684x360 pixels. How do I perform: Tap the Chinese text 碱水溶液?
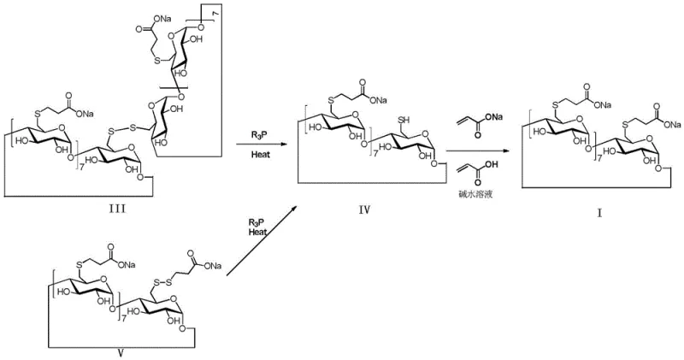pos(480,195)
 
